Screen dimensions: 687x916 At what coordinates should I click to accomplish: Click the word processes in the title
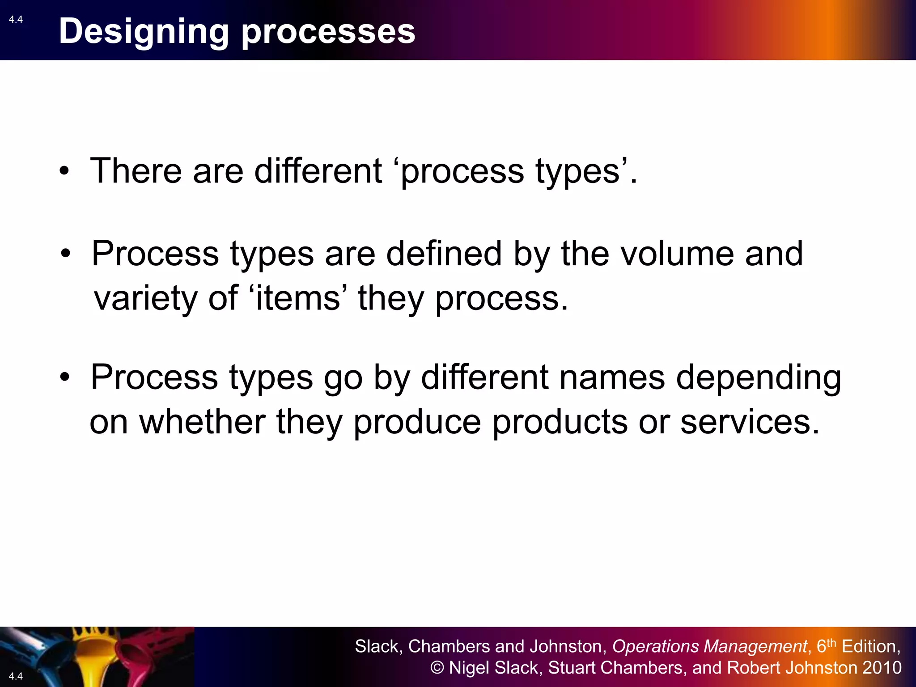point(328,32)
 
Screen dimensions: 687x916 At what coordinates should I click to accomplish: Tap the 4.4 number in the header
point(16,19)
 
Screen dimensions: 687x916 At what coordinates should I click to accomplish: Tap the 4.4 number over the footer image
point(16,676)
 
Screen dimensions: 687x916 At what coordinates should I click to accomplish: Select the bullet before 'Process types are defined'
point(66,254)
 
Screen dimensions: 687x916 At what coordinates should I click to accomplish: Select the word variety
point(145,298)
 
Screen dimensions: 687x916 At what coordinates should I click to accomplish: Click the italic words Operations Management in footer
point(709,646)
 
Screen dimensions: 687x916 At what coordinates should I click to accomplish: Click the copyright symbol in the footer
point(437,668)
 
